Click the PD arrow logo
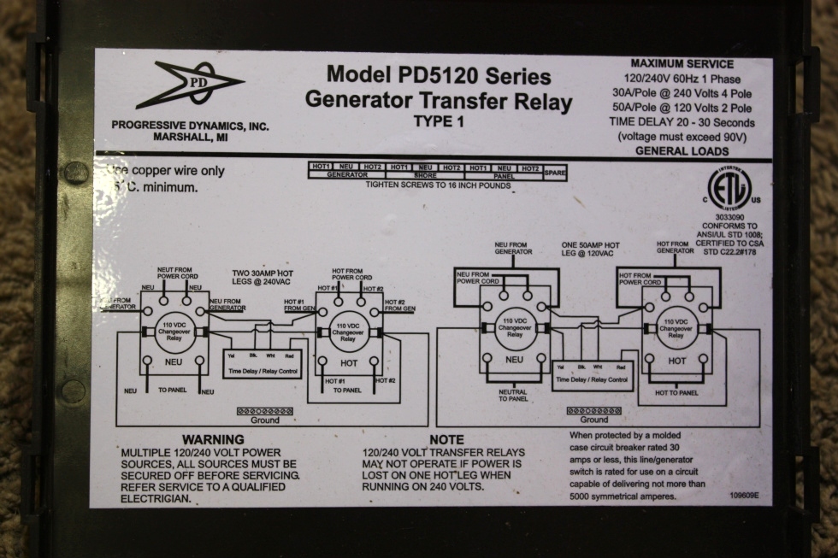click(x=190, y=85)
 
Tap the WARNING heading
click(x=207, y=439)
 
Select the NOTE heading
click(x=446, y=439)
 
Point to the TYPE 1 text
click(x=439, y=120)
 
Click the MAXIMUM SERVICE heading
click(x=682, y=64)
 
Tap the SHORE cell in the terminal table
click(x=425, y=174)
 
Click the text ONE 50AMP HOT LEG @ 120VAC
click(x=591, y=250)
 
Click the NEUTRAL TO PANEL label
click(x=513, y=395)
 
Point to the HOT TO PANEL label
click(x=676, y=393)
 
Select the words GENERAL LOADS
click(x=681, y=151)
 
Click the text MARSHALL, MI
click(x=190, y=138)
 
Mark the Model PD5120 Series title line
click(x=439, y=75)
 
